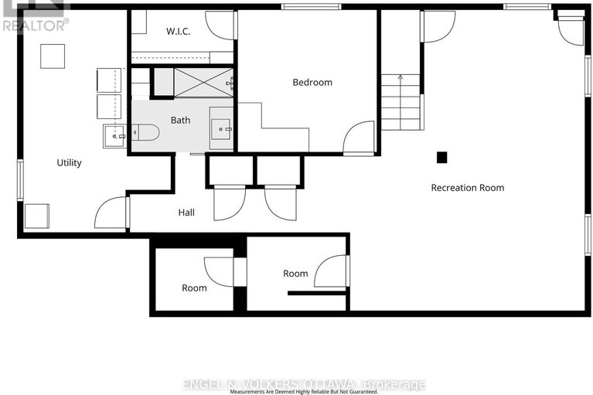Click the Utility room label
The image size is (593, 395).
[69, 163]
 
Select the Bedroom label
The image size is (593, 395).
[312, 83]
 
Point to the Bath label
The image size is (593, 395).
[180, 120]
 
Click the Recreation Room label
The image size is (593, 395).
[467, 188]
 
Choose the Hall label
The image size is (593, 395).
[186, 213]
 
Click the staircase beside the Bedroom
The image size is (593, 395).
[400, 102]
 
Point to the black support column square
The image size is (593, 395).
[441, 157]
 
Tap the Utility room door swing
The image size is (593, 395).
[111, 213]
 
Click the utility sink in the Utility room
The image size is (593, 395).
[114, 136]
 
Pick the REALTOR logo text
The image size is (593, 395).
[35, 24]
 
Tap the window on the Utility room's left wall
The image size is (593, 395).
[20, 179]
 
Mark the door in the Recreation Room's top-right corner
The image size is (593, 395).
[571, 29]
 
